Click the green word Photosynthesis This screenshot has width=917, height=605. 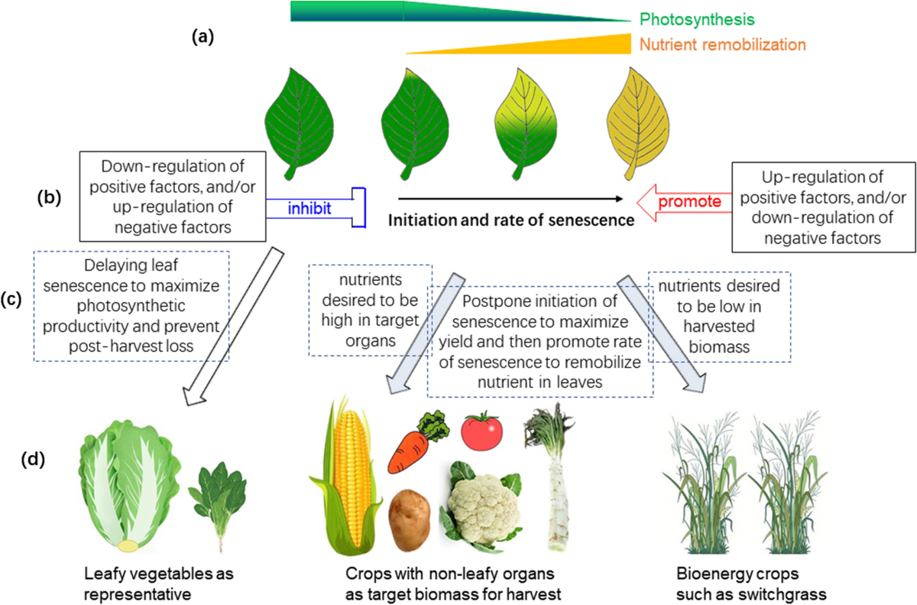pyautogui.click(x=697, y=19)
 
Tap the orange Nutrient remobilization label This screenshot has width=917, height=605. pyautogui.click(x=723, y=44)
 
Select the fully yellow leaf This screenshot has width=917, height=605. pyautogui.click(x=637, y=123)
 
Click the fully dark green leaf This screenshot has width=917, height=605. pyautogui.click(x=299, y=124)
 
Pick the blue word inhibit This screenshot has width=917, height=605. pyautogui.click(x=309, y=209)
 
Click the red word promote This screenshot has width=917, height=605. pyautogui.click(x=689, y=201)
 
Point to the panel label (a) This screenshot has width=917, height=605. pyautogui.click(x=203, y=37)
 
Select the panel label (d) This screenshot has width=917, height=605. pyautogui.click(x=33, y=459)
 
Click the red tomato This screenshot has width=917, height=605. pyautogui.click(x=482, y=431)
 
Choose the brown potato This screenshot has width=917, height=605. pyautogui.click(x=410, y=520)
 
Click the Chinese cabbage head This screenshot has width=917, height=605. pyautogui.click(x=129, y=486)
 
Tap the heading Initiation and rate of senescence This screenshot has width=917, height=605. pyautogui.click(x=511, y=220)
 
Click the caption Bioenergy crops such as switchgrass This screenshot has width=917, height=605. pyautogui.click(x=751, y=584)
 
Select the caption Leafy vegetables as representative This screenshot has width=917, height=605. pyautogui.click(x=159, y=584)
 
